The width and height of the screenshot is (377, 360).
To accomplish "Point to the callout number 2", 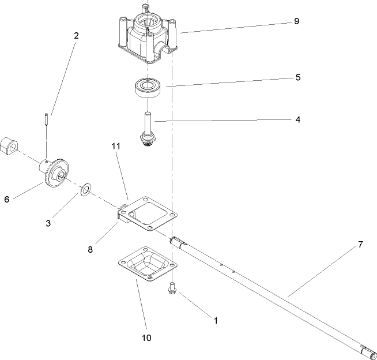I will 76,35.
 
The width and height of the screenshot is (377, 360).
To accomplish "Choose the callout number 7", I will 360,244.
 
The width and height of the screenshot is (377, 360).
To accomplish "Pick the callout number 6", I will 7,199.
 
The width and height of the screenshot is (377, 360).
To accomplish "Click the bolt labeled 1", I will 171,288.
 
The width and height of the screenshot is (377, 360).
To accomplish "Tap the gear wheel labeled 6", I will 56,171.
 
